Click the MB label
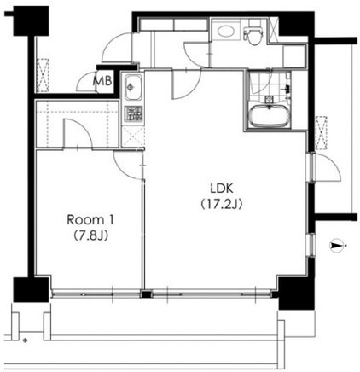tap(102, 82)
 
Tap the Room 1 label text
tap(90, 220)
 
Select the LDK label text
tap(222, 188)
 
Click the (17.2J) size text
tap(222, 204)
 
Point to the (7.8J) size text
tap(90, 235)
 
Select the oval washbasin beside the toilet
tap(226, 30)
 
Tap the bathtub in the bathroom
tap(270, 116)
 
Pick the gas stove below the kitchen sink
tap(133, 113)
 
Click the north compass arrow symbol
tap(338, 245)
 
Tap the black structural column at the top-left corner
tap(32, 21)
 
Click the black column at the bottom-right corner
tap(296, 294)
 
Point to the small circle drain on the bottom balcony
tap(26, 340)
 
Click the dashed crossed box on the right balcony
tap(322, 132)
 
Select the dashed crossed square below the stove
tap(133, 137)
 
